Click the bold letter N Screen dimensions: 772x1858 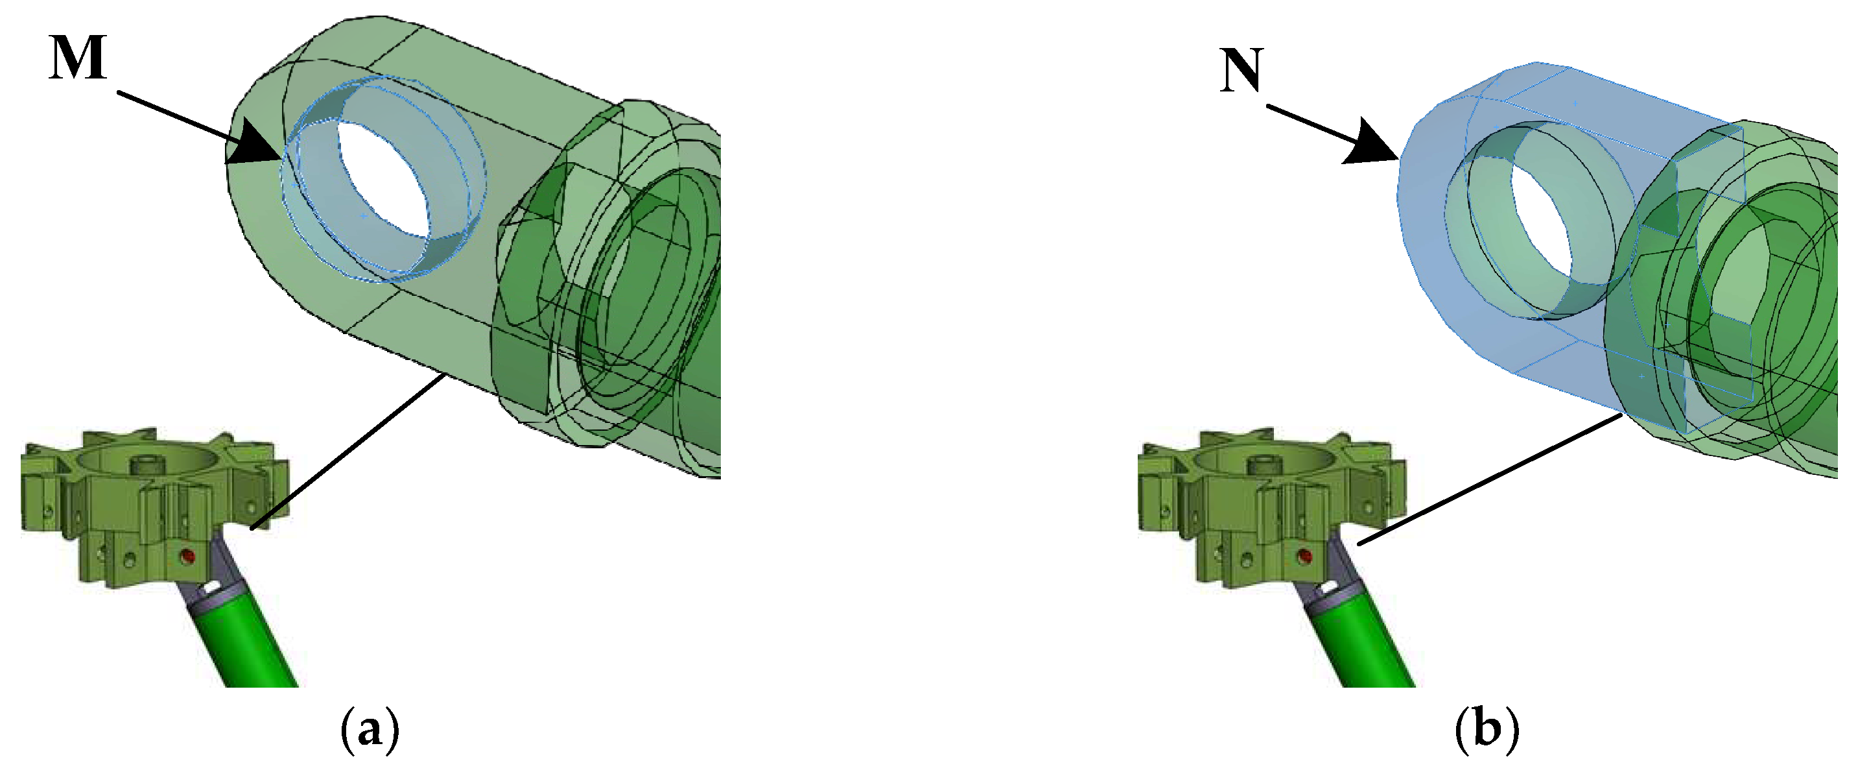(x=1241, y=70)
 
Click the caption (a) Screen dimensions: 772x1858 (x=369, y=730)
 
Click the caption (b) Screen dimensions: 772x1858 (x=1487, y=730)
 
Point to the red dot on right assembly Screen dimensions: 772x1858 (x=1304, y=557)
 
